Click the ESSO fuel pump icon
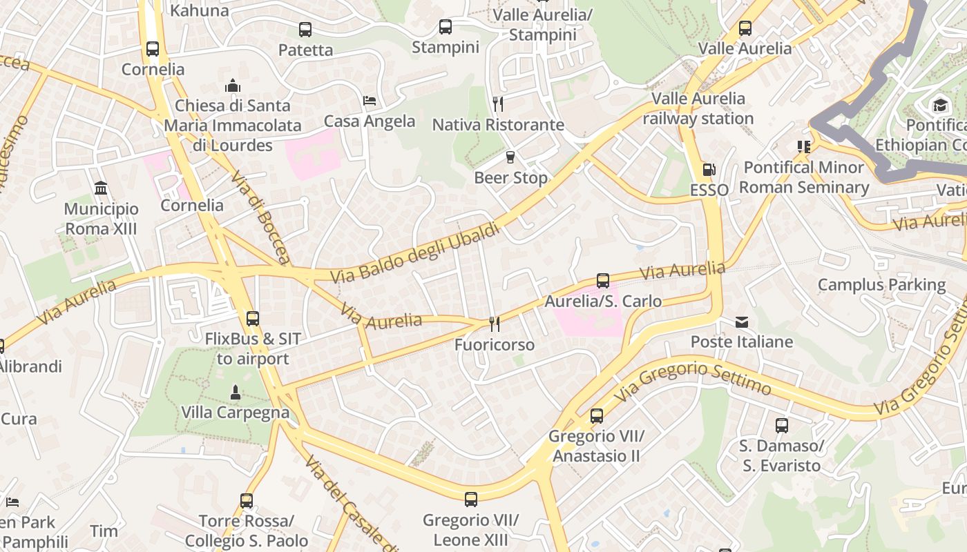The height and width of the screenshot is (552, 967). [x=709, y=169]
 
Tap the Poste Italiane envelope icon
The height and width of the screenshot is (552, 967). [x=742, y=322]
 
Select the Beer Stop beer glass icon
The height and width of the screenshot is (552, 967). [x=510, y=157]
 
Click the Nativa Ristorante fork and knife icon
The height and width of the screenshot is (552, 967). [x=498, y=103]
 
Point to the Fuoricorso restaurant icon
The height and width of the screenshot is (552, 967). [x=495, y=324]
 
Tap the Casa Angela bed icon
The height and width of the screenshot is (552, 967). [x=370, y=101]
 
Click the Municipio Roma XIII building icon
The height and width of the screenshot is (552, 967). [x=101, y=188]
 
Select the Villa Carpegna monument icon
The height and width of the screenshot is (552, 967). [x=235, y=392]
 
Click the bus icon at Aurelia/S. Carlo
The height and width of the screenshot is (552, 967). [x=603, y=280]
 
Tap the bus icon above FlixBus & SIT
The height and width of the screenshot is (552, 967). [x=253, y=318]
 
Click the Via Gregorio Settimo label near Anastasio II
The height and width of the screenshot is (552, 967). [x=693, y=379]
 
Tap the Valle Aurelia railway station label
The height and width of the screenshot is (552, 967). [x=698, y=108]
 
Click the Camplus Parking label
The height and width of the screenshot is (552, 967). [x=881, y=284]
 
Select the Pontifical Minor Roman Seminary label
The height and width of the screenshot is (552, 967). [x=804, y=177]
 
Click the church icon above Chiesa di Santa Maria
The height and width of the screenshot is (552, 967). [x=233, y=86]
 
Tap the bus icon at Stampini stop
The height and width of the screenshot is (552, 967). [x=446, y=27]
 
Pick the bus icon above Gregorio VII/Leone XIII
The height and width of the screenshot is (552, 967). [x=471, y=499]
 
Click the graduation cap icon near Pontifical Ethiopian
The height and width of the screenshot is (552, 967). [x=940, y=105]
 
